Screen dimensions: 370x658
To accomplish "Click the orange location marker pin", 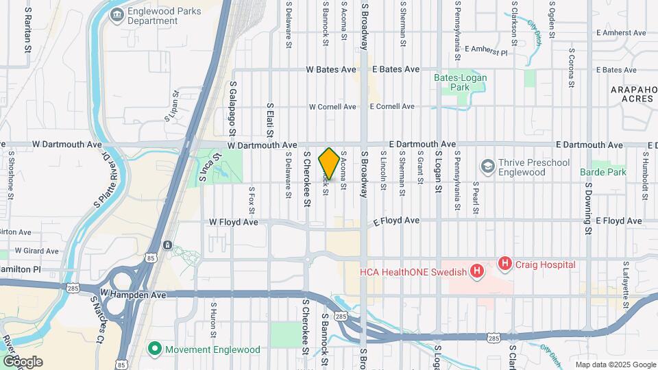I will tap(329, 164).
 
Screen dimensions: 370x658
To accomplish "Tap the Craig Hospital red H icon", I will tap(505, 262).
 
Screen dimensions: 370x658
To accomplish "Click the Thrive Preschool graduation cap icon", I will tap(487, 166).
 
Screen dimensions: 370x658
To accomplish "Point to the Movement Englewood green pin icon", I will tap(155, 349).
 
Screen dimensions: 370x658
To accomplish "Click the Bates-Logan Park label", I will tap(461, 82).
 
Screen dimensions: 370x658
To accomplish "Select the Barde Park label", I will tap(603, 172).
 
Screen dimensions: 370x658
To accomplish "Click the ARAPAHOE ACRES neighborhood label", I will tap(634, 94).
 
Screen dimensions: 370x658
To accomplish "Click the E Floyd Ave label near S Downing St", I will tap(619, 221).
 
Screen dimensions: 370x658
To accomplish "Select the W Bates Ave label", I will tap(331, 69).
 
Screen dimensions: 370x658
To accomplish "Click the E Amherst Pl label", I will tap(486, 50).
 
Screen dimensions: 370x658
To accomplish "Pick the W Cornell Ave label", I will tap(332, 107).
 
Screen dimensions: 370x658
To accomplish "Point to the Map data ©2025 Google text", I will tap(615, 365).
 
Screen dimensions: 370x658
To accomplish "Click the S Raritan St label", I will tap(28, 31).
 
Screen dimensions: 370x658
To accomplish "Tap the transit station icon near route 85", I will tap(167, 245).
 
